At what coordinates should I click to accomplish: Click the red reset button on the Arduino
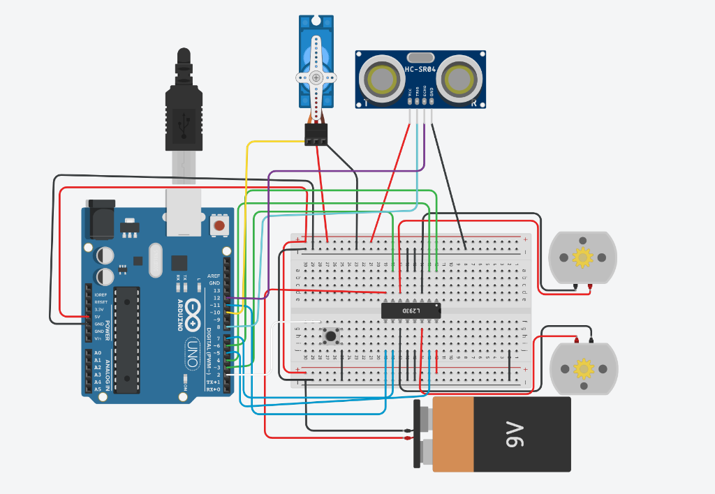[x=220, y=225]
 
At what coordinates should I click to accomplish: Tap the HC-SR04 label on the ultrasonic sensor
[x=420, y=69]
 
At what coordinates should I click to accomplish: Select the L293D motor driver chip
[x=411, y=309]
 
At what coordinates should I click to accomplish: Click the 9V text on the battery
[x=515, y=434]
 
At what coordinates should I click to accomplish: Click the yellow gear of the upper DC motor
[x=582, y=257]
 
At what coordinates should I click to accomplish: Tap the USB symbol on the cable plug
[x=184, y=123]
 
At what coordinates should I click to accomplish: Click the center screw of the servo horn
[x=316, y=77]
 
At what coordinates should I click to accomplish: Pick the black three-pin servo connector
[x=316, y=134]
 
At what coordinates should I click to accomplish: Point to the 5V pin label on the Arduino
[x=100, y=317]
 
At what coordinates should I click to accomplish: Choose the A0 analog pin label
[x=98, y=353]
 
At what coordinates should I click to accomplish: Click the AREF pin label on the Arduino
[x=214, y=276]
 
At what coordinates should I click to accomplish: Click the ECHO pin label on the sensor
[x=425, y=91]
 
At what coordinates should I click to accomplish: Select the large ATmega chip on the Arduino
[x=126, y=339]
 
